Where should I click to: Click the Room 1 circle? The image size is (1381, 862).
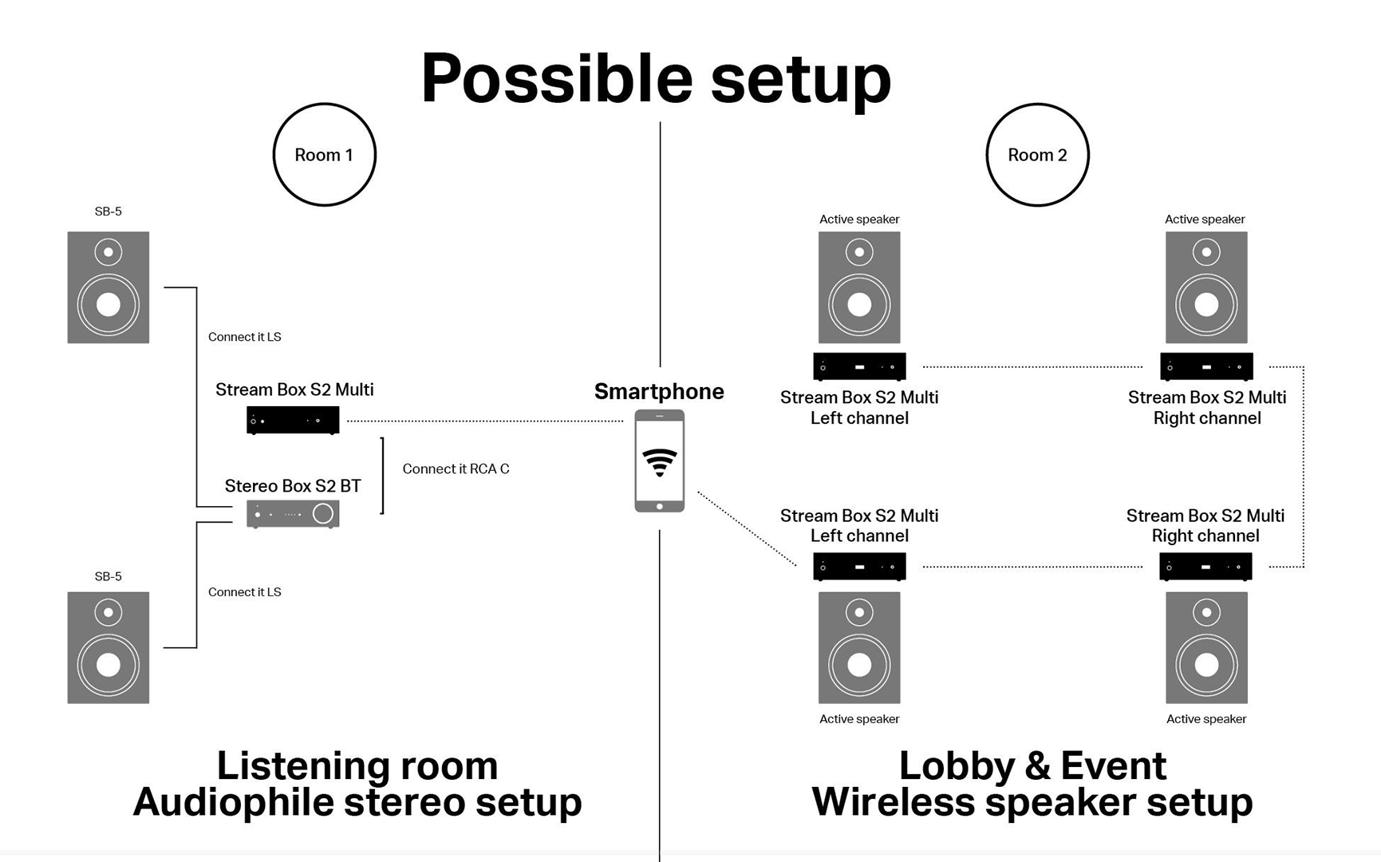324,155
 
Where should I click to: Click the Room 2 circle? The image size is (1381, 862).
1037,155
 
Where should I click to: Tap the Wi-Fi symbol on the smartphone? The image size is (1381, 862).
660,462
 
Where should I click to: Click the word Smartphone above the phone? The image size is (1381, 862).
659,392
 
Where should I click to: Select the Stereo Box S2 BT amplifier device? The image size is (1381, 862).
293,513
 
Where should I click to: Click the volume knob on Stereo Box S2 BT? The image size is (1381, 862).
323,513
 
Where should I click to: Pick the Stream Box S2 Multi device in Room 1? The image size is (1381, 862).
293,420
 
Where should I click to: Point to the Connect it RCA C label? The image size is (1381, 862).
456,469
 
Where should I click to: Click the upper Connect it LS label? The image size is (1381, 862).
244,337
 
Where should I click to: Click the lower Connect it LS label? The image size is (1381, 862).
244,592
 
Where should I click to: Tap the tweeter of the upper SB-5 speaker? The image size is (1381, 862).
109,252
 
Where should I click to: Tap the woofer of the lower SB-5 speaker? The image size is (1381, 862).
109,664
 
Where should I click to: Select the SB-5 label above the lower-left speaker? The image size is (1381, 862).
109,576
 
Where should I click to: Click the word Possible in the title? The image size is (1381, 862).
557,79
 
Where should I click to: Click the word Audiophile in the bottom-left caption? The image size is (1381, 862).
233,802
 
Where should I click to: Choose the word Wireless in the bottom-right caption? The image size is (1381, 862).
893,802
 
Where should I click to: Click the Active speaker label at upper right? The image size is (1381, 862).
1205,219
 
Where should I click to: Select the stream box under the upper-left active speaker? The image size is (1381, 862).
859,366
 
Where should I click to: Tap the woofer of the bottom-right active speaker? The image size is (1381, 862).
1206,664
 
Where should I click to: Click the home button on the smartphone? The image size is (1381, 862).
660,506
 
